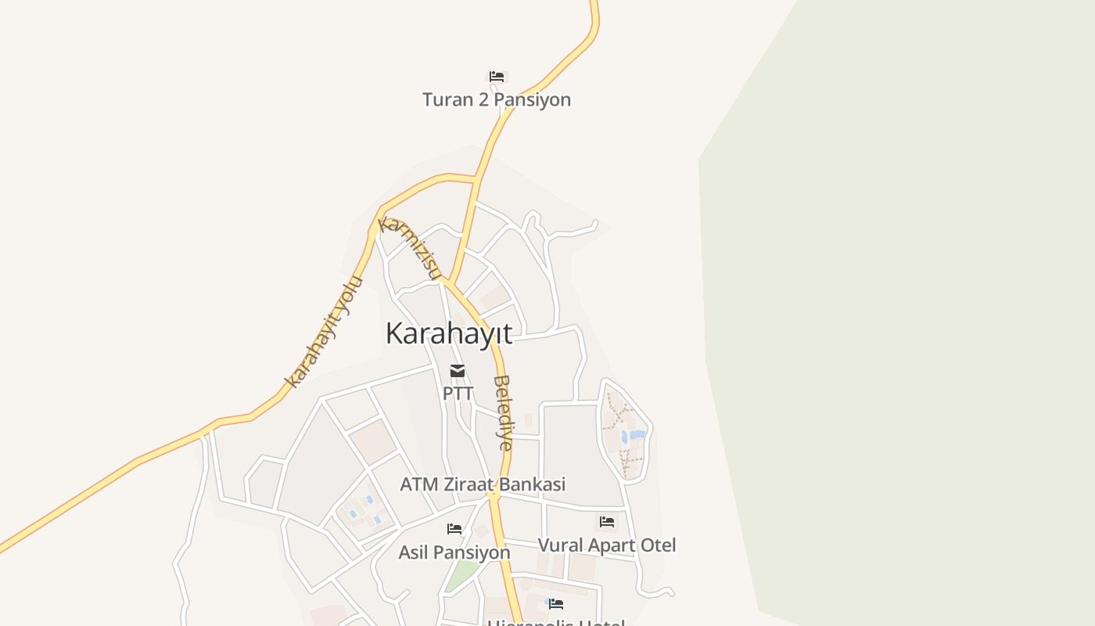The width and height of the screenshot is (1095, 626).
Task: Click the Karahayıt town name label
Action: pos(449,333)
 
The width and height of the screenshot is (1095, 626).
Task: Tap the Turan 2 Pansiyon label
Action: pos(497,99)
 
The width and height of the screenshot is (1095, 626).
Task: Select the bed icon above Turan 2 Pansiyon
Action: pos(497,77)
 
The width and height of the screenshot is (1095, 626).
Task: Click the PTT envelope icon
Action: pos(458,371)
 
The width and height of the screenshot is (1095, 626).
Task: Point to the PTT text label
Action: pos(458,393)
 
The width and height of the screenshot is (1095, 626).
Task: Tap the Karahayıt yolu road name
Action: pos(324,332)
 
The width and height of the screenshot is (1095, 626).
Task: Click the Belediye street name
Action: pos(504,413)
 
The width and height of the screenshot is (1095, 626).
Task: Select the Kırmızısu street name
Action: pos(409,246)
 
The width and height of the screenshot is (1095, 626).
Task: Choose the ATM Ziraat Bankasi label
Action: pos(483,484)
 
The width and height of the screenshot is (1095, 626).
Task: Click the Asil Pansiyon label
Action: pos(454,552)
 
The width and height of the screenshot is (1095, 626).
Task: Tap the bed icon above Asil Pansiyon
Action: pos(454,529)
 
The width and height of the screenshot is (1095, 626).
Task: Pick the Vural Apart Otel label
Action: pos(607,545)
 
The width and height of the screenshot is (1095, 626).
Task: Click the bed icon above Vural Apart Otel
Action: pos(607,522)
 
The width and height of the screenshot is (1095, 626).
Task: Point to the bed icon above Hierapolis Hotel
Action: pos(556,604)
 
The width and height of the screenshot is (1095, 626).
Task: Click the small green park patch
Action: pos(461,577)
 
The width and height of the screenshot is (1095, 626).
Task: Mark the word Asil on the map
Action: pos(415,552)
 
